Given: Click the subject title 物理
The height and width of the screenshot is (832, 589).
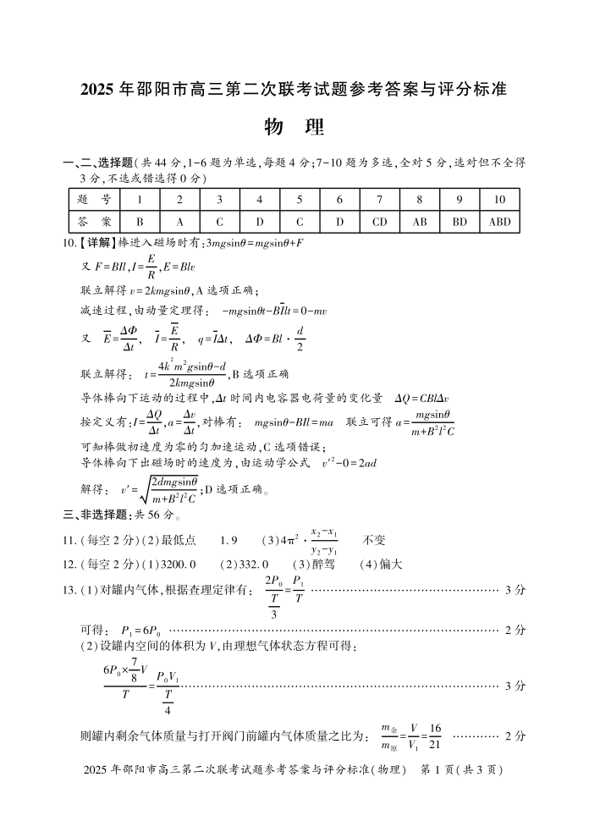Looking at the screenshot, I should [x=294, y=127].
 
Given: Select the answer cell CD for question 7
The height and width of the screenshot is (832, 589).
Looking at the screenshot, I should [x=379, y=222].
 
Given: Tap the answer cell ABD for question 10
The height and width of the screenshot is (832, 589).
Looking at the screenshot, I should [x=499, y=222].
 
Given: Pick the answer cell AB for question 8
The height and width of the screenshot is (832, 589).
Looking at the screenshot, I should [x=420, y=222].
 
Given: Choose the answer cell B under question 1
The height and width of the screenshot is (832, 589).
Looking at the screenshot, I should [x=140, y=222].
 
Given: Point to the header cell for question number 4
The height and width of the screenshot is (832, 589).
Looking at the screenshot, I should [x=260, y=200].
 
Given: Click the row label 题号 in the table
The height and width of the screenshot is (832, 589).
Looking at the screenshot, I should [x=94, y=200].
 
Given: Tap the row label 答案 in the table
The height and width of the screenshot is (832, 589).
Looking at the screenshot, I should [x=94, y=222].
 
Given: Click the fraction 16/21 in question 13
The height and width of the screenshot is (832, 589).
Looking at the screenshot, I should [x=436, y=736].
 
